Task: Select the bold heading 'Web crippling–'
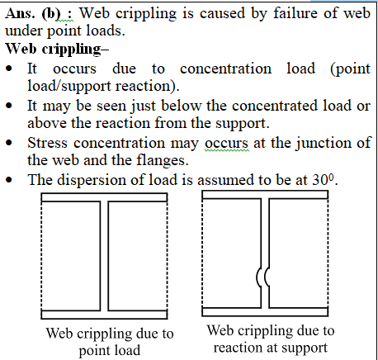[57, 50]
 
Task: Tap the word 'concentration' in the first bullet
[225, 69]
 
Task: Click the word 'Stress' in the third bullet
[47, 143]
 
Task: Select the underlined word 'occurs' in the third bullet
[226, 144]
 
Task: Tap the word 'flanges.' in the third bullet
[163, 160]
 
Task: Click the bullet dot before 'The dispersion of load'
[9, 180]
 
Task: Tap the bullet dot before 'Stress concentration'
[9, 143]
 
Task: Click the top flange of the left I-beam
[104, 197]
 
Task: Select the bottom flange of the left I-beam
[104, 315]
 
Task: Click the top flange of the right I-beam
[265, 195]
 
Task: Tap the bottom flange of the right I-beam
[265, 312]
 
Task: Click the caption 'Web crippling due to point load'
[110, 342]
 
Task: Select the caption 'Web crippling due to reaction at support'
[271, 339]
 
